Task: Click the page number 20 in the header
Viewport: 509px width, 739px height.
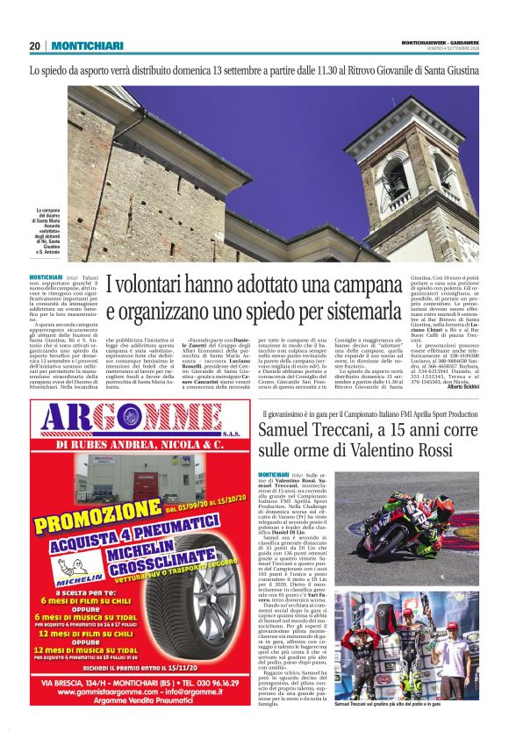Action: coord(34,47)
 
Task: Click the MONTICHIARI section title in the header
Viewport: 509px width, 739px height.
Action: coord(86,47)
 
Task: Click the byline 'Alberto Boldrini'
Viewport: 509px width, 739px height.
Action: coord(457,386)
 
